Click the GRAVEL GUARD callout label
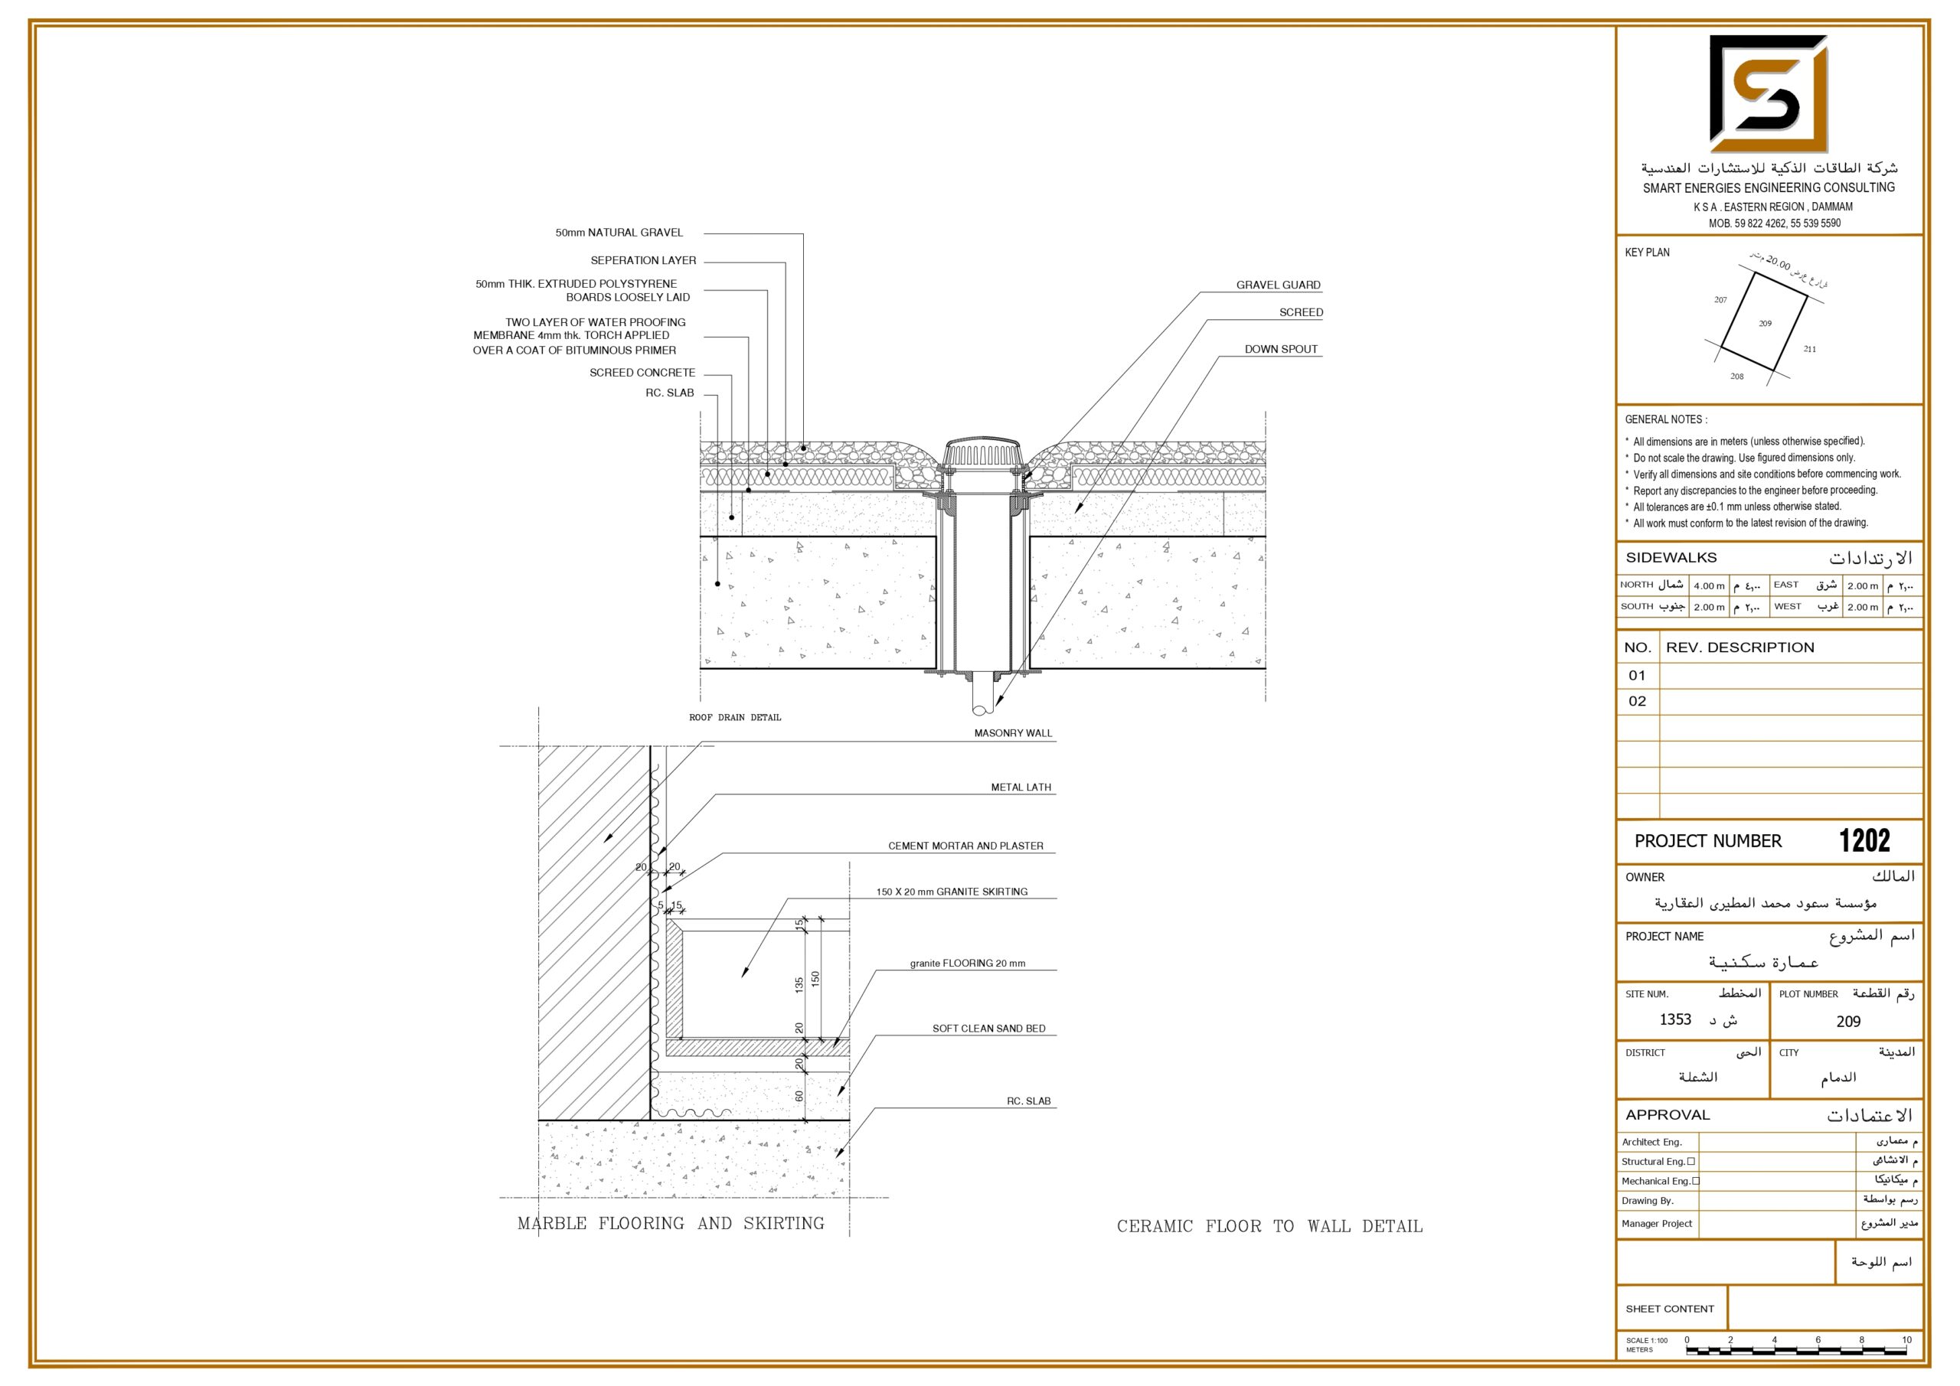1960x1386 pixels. point(1278,285)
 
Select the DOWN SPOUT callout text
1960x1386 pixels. point(1280,349)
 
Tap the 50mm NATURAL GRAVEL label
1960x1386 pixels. point(619,232)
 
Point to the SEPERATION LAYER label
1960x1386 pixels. point(643,260)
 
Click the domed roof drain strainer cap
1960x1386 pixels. point(982,452)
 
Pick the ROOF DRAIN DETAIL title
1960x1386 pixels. point(735,718)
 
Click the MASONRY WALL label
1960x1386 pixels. point(1013,733)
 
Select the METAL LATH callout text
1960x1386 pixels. point(1021,788)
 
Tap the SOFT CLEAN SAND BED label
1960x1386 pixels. point(988,1029)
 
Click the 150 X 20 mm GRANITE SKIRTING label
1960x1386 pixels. point(952,892)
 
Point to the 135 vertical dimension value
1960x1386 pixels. point(799,985)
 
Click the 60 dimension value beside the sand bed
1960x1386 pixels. point(799,1096)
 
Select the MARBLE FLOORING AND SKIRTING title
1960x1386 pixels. point(671,1223)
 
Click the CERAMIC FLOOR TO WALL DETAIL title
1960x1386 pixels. point(1269,1226)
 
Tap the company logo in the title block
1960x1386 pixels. point(1769,94)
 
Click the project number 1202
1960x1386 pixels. point(1864,840)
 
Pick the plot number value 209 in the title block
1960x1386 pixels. point(1848,1022)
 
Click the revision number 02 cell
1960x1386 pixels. point(1638,702)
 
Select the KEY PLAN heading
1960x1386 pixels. point(1647,253)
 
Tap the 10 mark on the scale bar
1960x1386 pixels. point(1906,1340)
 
